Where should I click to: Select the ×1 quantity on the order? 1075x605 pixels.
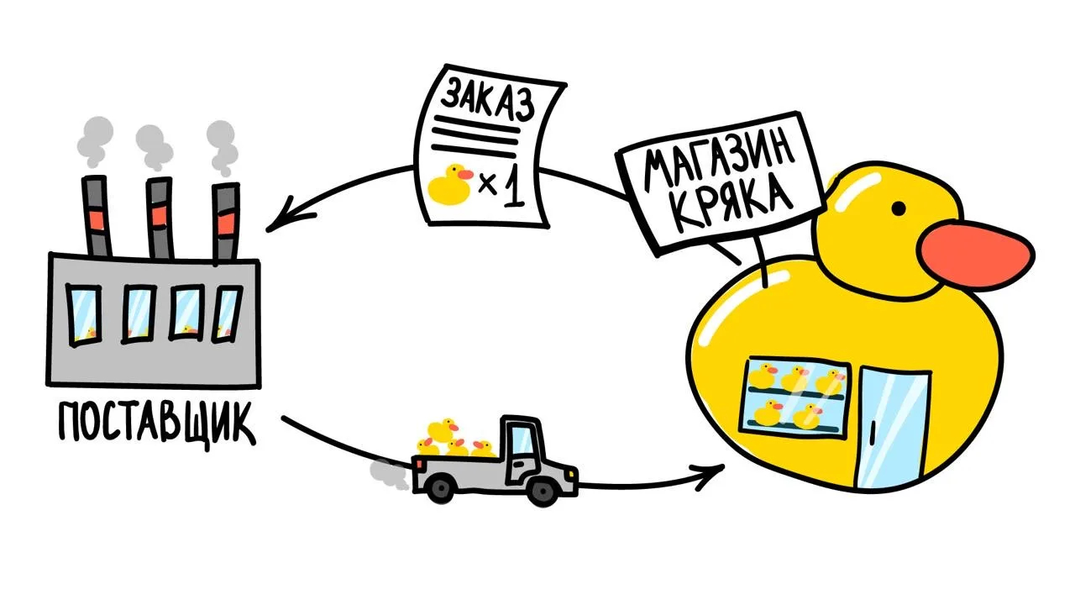[501, 187]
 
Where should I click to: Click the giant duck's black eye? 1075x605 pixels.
[899, 207]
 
